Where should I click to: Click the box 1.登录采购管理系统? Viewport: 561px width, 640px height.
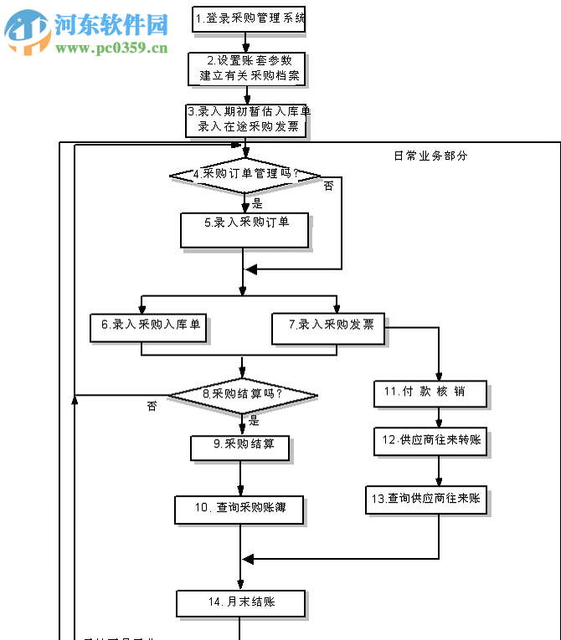point(248,18)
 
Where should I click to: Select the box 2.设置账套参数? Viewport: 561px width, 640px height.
point(249,68)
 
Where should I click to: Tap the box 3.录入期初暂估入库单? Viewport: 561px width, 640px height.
point(248,119)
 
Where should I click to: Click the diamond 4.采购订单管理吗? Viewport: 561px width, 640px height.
point(245,175)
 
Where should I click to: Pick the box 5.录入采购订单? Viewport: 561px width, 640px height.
point(244,228)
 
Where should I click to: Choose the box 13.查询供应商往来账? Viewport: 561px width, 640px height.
point(427,499)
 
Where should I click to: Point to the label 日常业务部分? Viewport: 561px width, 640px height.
point(430,156)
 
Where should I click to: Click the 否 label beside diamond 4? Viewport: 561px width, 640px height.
point(328,186)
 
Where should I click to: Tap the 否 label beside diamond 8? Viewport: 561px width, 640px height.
point(152,407)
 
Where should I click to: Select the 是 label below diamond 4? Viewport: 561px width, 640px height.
point(257,202)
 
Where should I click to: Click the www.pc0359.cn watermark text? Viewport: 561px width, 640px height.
point(111,48)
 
